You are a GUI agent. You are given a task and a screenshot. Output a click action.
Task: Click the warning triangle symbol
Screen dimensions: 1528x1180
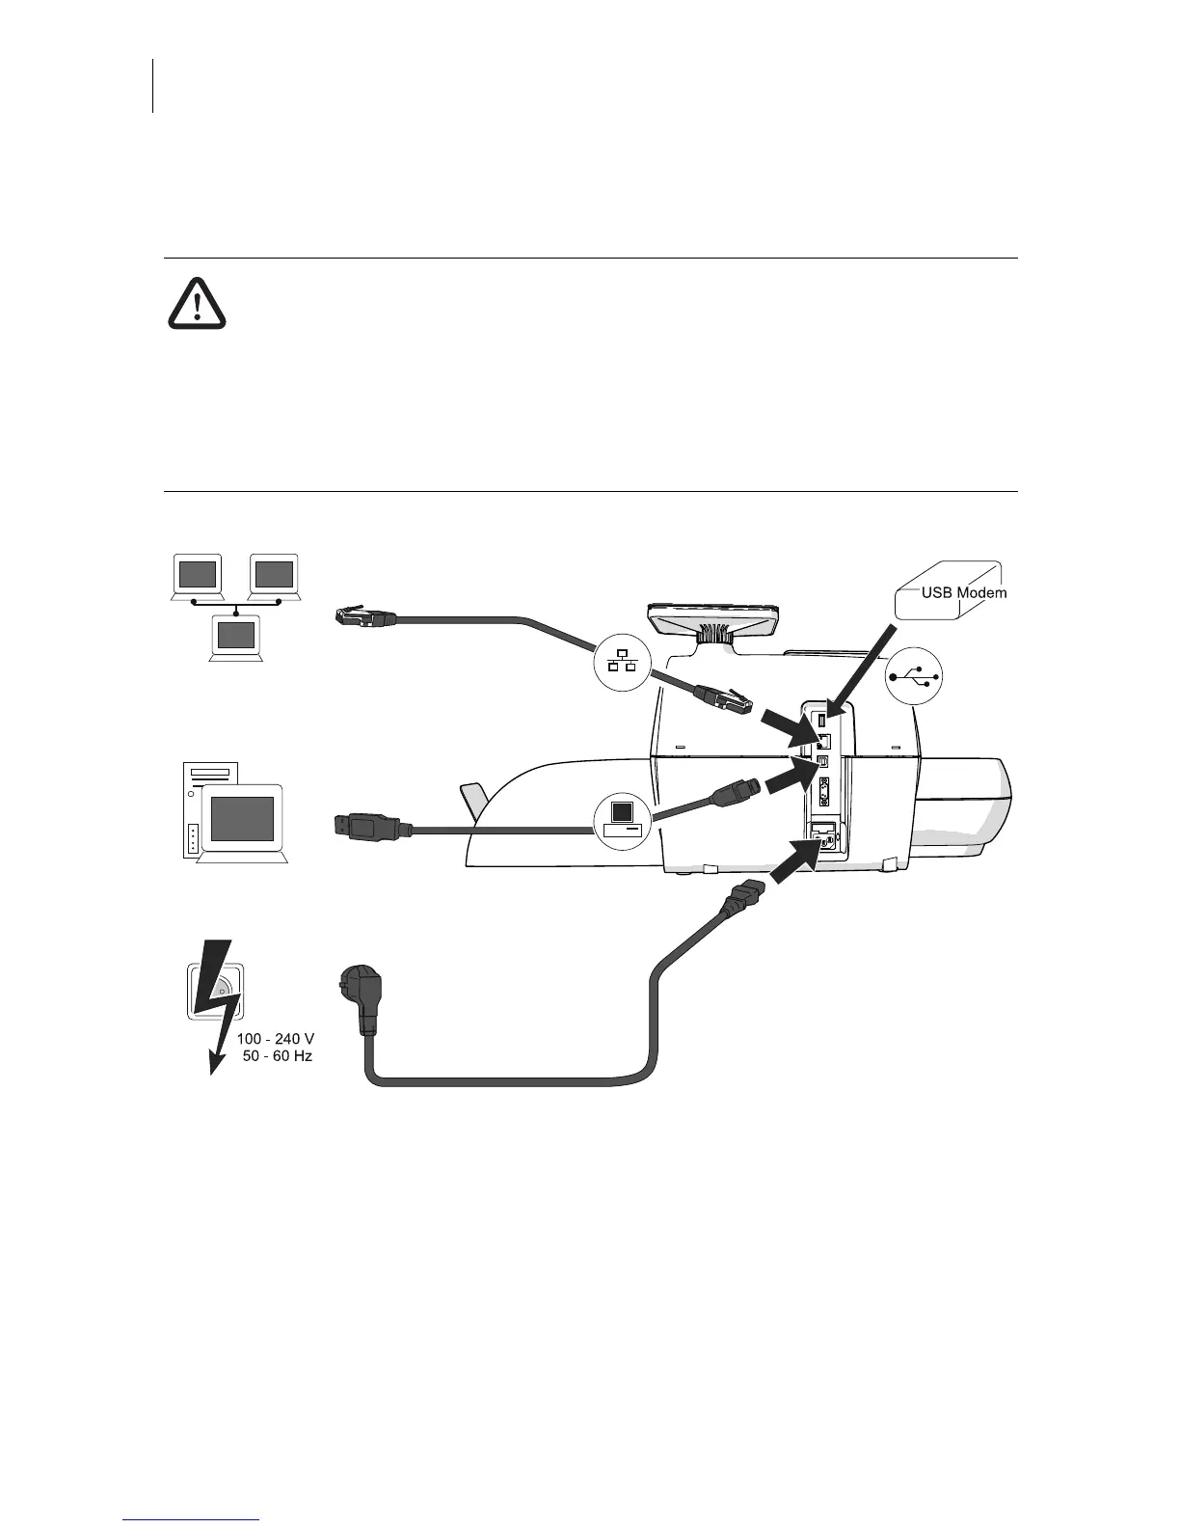(x=197, y=303)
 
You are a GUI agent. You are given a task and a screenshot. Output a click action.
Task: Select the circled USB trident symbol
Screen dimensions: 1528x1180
(x=914, y=677)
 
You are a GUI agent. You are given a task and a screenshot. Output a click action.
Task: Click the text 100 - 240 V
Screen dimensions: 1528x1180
(x=276, y=1040)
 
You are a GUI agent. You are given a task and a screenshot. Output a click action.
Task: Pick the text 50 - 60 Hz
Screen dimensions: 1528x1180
(x=277, y=1056)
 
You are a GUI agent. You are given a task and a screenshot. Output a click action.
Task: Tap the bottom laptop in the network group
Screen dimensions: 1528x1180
(x=236, y=638)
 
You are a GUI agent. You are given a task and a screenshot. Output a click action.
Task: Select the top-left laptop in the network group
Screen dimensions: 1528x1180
(x=197, y=576)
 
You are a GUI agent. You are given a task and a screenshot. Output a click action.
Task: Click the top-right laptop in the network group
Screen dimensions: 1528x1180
(x=274, y=576)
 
